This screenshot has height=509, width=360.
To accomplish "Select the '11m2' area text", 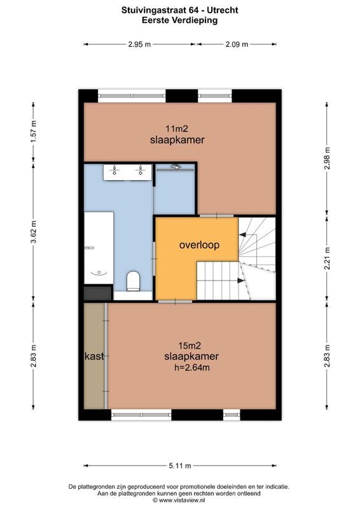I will coord(177,129).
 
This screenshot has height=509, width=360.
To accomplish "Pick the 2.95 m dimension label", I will coord(139,45).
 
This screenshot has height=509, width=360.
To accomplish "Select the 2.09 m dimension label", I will coord(236,45).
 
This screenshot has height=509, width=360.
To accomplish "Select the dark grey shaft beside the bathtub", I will coord(97,293).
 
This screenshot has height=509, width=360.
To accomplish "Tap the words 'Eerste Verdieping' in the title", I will coord(180,20).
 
